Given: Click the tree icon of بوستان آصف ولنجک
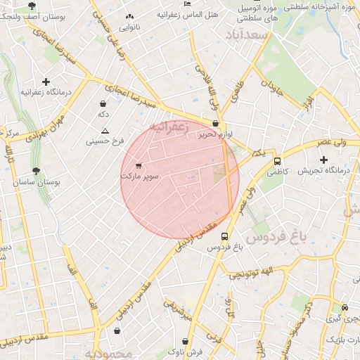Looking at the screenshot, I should (x=32, y=5).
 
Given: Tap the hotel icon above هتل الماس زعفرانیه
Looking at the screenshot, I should (x=186, y=4).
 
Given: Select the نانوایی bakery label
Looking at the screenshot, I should (x=129, y=28).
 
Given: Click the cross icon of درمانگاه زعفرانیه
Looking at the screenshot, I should (x=46, y=82).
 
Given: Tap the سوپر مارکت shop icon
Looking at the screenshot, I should (x=138, y=166).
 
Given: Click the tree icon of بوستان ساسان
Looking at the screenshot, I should (x=37, y=171).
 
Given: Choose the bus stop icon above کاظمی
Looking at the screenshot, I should (x=277, y=160).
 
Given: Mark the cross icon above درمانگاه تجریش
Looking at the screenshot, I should (x=323, y=160).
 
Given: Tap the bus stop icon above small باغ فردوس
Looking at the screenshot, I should (x=224, y=237).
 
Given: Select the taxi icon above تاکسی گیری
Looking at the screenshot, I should (x=345, y=308).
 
